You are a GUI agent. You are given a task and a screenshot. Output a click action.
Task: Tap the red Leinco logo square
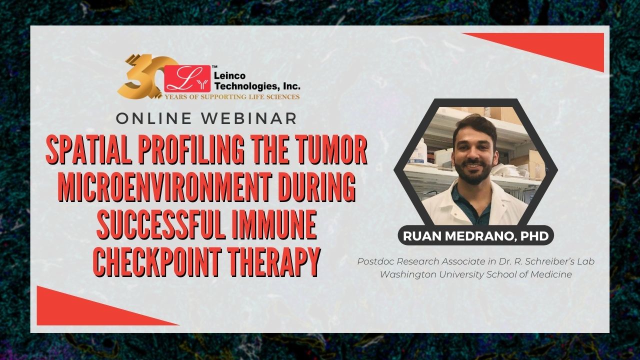187,78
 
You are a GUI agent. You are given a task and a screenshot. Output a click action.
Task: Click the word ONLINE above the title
153,118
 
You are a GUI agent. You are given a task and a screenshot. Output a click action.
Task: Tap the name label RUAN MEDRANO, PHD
475,236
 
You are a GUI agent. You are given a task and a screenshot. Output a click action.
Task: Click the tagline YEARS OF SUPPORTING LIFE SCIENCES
231,97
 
